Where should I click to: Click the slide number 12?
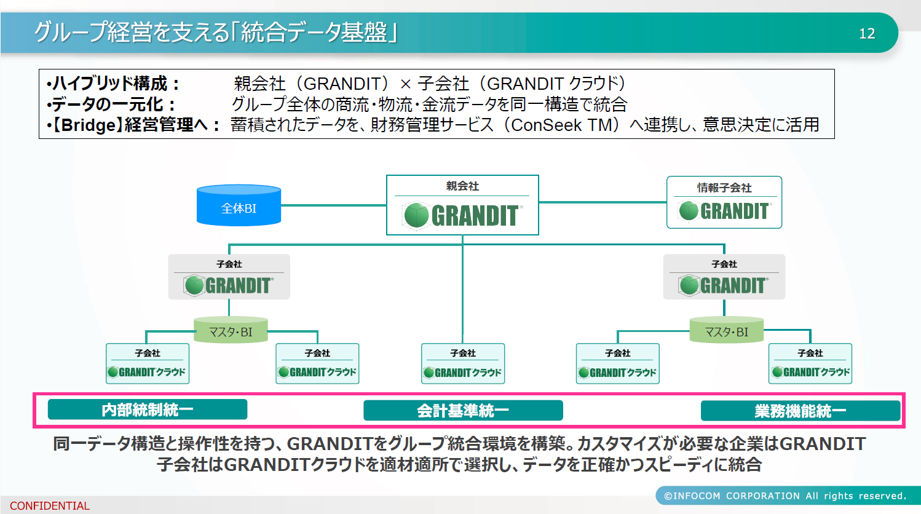(x=867, y=34)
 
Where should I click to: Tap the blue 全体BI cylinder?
(x=239, y=206)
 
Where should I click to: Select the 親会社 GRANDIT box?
(x=462, y=205)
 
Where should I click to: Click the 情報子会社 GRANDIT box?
(x=724, y=202)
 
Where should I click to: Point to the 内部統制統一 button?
(x=148, y=409)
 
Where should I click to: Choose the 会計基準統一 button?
(x=463, y=411)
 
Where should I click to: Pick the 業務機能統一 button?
(x=800, y=411)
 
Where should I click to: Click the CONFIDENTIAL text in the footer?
(x=50, y=506)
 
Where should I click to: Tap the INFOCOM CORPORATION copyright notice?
(x=785, y=496)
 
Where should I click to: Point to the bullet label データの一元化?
(x=110, y=105)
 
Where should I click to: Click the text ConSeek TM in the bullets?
(x=561, y=125)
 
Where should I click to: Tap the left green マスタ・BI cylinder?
(x=231, y=330)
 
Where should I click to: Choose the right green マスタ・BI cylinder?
(x=726, y=330)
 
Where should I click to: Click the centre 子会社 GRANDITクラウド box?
(x=463, y=363)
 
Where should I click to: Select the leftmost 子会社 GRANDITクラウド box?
(x=148, y=363)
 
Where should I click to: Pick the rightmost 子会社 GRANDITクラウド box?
(x=810, y=363)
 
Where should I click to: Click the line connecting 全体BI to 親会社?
(x=333, y=205)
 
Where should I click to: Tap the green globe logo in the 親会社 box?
(x=416, y=216)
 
